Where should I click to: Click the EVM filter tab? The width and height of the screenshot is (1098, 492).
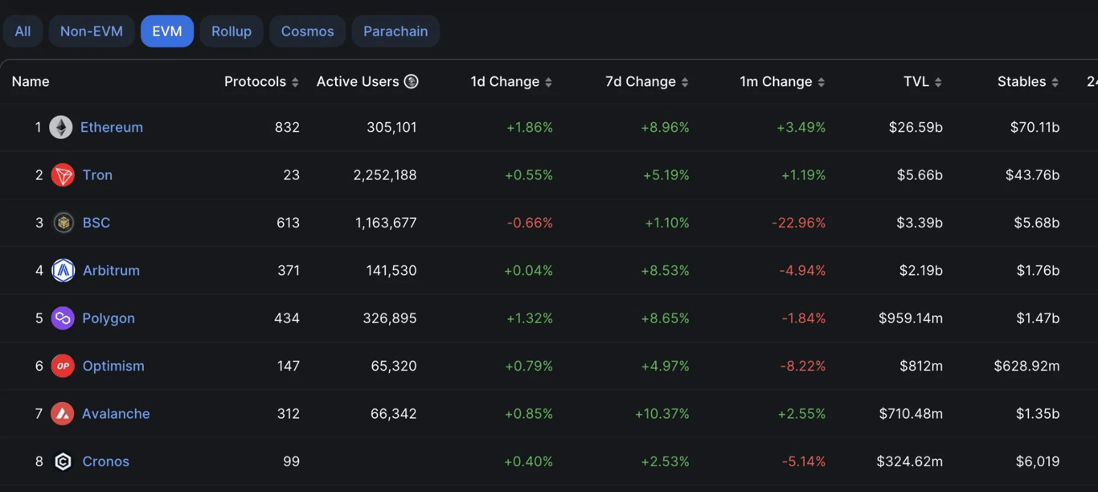pyautogui.click(x=167, y=31)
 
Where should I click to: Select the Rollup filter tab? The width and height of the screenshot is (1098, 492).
pyautogui.click(x=231, y=31)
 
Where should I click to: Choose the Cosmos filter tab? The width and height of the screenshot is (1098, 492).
pyautogui.click(x=307, y=31)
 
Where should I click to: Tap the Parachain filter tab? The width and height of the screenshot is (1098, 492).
pyautogui.click(x=395, y=31)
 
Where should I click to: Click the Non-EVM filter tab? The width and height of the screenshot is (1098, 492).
pyautogui.click(x=92, y=31)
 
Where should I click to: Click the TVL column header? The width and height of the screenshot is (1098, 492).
pyautogui.click(x=916, y=81)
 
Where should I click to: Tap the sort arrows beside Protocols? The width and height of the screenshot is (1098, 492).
pyautogui.click(x=295, y=82)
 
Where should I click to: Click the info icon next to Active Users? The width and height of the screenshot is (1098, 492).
pyautogui.click(x=412, y=81)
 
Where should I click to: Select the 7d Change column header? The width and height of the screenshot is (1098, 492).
pyautogui.click(x=640, y=81)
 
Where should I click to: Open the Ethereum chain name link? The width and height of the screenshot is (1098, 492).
pyautogui.click(x=112, y=127)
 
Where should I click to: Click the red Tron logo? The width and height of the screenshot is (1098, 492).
pyautogui.click(x=63, y=175)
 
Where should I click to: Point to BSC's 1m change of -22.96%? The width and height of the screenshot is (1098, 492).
pyautogui.click(x=798, y=223)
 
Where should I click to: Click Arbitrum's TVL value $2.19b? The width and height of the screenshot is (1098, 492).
pyautogui.click(x=920, y=270)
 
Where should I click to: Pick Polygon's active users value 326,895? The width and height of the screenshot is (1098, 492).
pyautogui.click(x=390, y=318)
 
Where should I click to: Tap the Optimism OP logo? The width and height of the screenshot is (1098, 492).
pyautogui.click(x=63, y=366)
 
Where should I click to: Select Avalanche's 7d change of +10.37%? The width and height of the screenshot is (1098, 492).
pyautogui.click(x=662, y=414)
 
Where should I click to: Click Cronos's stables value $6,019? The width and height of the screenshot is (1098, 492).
pyautogui.click(x=1037, y=461)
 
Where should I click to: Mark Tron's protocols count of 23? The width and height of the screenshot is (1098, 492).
pyautogui.click(x=291, y=175)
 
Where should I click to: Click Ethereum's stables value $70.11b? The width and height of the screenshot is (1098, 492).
pyautogui.click(x=1034, y=127)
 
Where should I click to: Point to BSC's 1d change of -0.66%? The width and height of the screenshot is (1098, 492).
pyautogui.click(x=530, y=223)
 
